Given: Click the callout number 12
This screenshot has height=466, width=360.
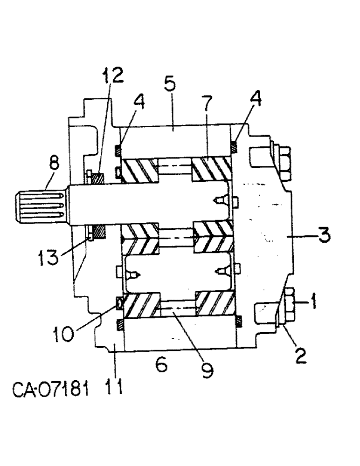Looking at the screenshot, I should coord(112,75).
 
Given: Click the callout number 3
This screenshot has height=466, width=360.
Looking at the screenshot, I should coord(323,235).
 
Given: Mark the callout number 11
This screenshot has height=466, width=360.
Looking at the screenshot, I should coord(114,386).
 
